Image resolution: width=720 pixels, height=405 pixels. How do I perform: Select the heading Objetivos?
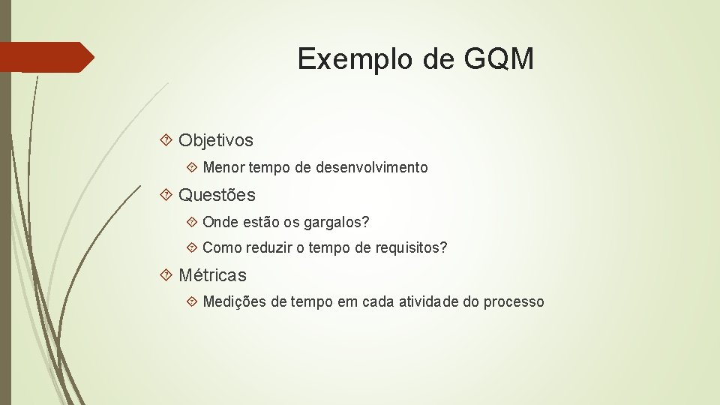tap(216, 140)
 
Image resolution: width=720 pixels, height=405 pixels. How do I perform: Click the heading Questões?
tap(217, 196)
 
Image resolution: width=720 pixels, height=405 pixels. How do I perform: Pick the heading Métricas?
tap(212, 276)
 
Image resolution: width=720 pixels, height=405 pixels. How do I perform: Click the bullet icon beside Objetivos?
tap(167, 140)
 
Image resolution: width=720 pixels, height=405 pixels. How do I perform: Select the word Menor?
tap(223, 168)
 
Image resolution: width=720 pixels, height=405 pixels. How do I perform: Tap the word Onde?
tap(220, 223)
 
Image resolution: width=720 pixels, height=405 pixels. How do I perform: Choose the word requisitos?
tap(411, 248)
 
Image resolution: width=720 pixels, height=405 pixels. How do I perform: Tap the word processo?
tap(514, 302)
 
